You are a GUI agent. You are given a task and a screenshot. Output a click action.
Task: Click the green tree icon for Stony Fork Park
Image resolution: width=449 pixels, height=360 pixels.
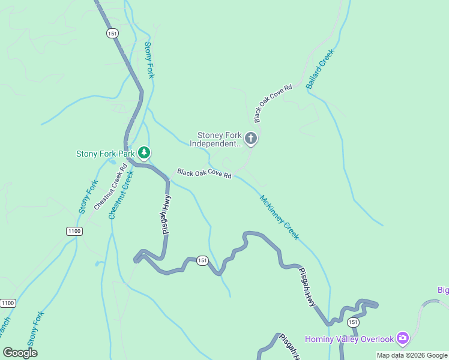tap(143, 154)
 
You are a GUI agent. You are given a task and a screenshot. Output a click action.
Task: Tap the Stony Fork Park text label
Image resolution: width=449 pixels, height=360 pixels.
tap(106, 154)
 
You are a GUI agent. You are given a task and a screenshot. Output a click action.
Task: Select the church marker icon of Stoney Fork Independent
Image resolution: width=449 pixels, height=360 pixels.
tap(251, 139)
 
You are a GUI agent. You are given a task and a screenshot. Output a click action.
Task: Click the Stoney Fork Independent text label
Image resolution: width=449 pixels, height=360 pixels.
tap(215, 139)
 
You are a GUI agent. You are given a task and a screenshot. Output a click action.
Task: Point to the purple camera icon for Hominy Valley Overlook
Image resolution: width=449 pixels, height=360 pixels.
tap(403, 339)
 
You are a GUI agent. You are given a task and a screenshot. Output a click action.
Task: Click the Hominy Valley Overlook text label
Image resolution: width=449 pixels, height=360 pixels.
tap(349, 339)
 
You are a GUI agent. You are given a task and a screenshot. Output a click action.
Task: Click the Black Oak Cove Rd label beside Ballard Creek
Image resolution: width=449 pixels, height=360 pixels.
tap(273, 100)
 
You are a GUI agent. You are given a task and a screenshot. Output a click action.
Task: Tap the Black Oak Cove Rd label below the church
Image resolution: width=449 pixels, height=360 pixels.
tap(204, 173)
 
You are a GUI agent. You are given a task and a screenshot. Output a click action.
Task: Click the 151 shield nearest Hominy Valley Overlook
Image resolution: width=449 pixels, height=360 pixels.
tap(353, 322)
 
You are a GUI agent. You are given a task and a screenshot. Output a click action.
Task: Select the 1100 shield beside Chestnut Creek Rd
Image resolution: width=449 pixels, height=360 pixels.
tap(74, 231)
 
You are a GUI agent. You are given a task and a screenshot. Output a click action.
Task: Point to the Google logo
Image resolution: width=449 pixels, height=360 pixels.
tap(20, 353)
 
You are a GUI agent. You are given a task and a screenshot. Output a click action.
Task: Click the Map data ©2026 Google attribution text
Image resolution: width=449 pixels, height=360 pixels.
tap(411, 355)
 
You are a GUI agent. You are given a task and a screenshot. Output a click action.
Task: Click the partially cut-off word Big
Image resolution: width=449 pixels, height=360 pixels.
tap(443, 290)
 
